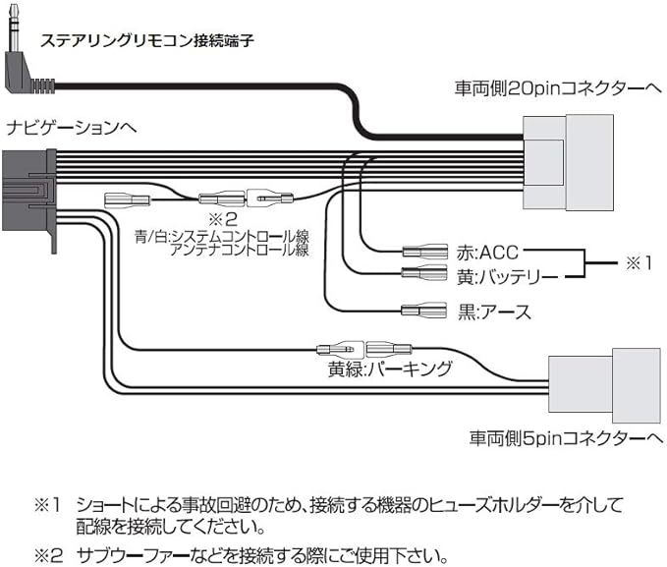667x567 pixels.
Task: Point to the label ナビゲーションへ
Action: (x=72, y=128)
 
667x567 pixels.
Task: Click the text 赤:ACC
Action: (x=487, y=252)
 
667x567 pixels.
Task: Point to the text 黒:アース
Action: (x=494, y=312)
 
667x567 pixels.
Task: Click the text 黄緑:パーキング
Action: (x=390, y=369)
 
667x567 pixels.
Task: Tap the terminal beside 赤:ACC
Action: (x=425, y=252)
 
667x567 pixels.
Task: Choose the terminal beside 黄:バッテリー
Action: (x=425, y=274)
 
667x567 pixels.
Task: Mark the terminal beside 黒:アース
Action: (x=425, y=312)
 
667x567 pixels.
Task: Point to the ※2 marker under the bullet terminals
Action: (x=223, y=218)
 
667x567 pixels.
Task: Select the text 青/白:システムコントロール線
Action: (x=222, y=236)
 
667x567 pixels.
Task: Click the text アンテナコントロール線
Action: (x=240, y=251)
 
